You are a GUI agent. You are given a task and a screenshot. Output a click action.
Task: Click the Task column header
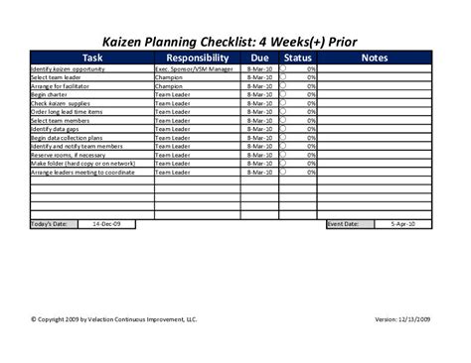point(91,59)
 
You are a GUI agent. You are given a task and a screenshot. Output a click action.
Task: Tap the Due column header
point(260,59)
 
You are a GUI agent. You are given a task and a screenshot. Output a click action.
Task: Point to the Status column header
point(297,59)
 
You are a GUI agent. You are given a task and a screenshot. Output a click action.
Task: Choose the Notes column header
point(374,59)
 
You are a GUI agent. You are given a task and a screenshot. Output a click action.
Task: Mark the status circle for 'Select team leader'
point(283,77)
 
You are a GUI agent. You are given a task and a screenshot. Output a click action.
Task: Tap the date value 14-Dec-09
point(106,224)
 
